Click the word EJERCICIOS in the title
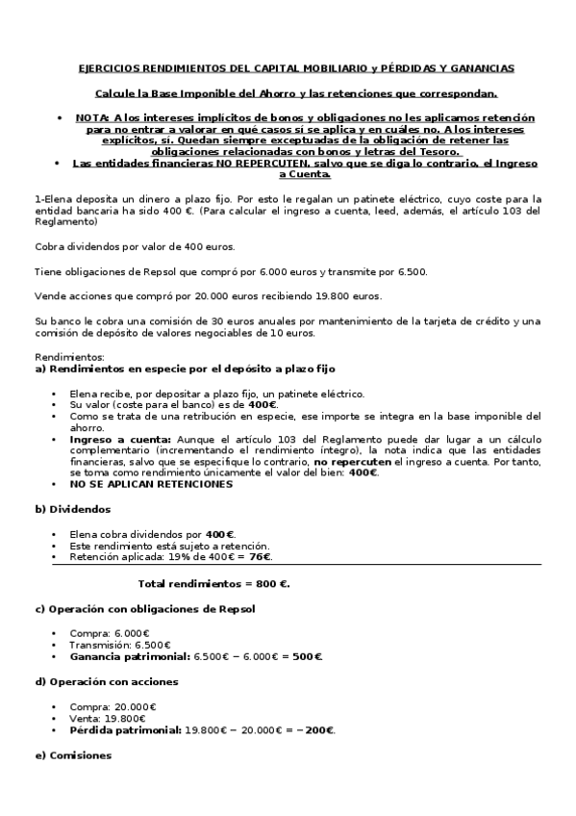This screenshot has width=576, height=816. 105,68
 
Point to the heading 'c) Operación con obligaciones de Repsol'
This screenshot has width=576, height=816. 145,609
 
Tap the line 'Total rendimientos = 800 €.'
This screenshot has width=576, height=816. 214,583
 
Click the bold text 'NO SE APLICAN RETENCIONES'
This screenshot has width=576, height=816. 151,484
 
